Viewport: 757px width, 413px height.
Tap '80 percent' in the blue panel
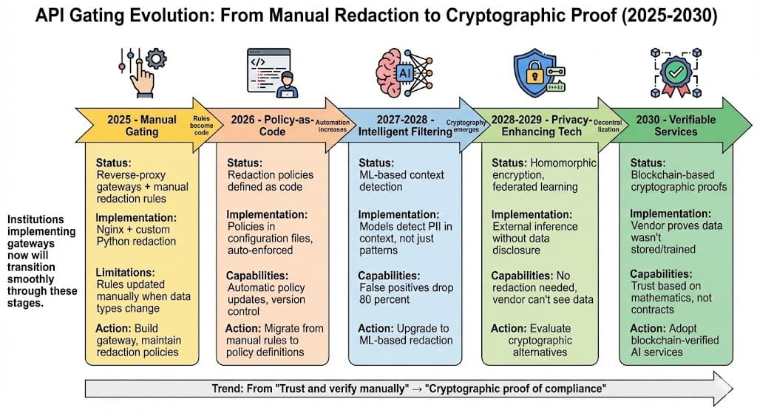coord(385,300)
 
